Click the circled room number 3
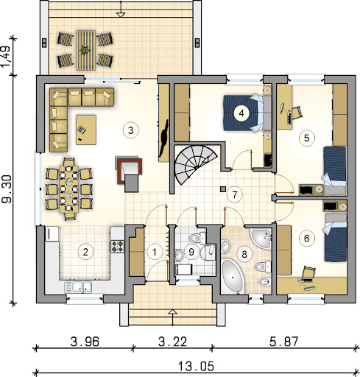131,130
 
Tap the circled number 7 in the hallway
235,194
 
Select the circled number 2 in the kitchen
85,252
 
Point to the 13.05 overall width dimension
196,367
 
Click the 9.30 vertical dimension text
7,189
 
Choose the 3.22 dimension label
172,342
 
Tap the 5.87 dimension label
284,342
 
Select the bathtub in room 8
233,277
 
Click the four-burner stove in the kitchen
117,246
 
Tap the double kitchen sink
78,286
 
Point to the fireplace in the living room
129,174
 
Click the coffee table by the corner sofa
86,130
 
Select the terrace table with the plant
85,50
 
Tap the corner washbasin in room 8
261,238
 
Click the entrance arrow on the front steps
173,317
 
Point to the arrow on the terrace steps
121,9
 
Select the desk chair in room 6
308,272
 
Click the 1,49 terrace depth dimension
7,56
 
